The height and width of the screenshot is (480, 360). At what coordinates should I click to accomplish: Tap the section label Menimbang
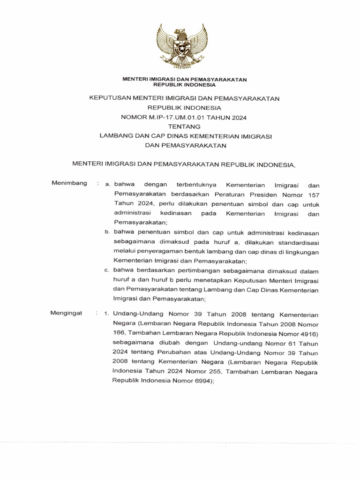click(x=69, y=183)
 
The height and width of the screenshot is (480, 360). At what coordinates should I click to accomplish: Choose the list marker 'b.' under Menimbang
click(x=107, y=232)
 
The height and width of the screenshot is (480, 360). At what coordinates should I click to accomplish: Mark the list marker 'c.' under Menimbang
click(x=107, y=270)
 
